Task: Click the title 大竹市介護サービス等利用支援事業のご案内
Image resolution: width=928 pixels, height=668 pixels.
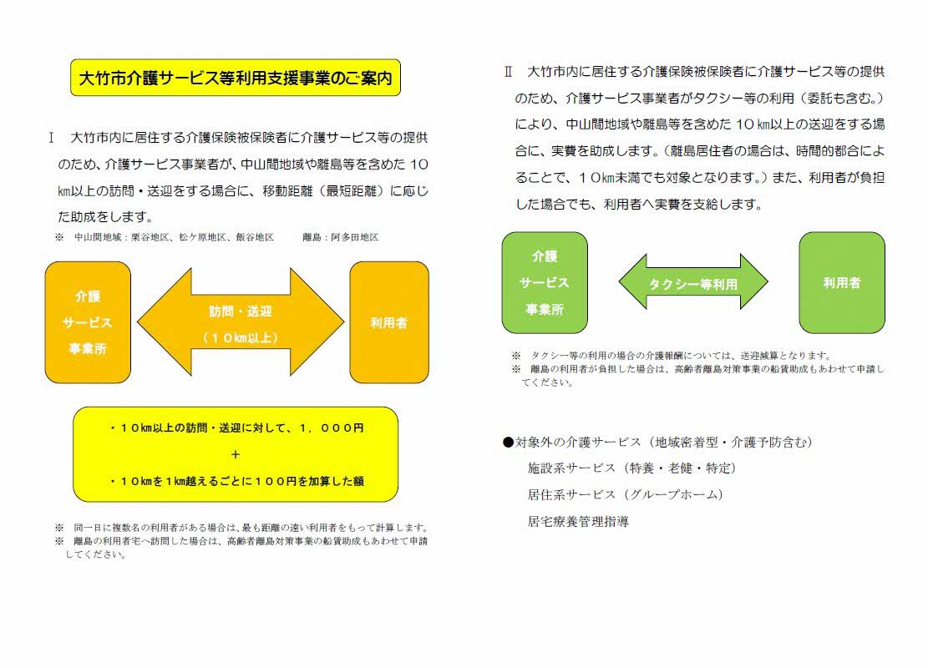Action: click(x=236, y=78)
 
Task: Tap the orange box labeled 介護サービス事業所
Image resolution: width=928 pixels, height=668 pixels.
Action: click(x=88, y=321)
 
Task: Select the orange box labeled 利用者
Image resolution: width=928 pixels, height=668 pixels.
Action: click(x=388, y=321)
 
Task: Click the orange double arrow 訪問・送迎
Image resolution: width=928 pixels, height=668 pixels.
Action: click(x=241, y=321)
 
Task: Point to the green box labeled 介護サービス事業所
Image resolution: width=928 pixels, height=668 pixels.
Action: click(x=545, y=282)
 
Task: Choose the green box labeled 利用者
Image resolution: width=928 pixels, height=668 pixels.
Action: click(x=842, y=282)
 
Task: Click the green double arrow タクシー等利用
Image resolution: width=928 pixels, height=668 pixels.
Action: click(x=692, y=283)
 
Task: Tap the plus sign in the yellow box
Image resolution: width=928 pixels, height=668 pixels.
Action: click(x=236, y=455)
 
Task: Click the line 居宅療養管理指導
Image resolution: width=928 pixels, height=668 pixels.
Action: click(x=578, y=522)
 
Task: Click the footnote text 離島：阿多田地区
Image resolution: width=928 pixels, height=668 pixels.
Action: click(x=342, y=237)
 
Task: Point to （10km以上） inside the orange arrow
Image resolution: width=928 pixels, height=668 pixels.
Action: click(x=241, y=338)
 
